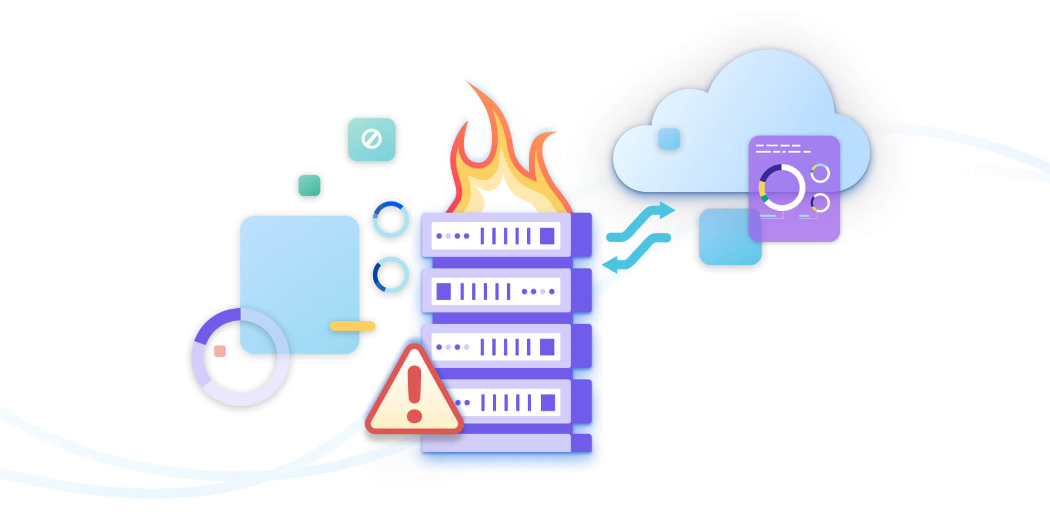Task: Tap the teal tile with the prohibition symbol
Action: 372,139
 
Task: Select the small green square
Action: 309,185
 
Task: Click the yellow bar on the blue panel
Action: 352,326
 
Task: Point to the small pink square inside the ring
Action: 220,351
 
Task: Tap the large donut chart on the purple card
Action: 782,187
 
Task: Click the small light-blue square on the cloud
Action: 669,139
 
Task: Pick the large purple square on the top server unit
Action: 547,236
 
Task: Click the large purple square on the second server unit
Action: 443,291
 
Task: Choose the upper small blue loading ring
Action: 391,219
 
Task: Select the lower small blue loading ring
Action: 391,274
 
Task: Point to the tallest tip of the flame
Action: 468,83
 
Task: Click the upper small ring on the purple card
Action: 820,173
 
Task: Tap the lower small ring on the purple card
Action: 820,203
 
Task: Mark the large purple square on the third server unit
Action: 547,347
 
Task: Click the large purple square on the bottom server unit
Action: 548,403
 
